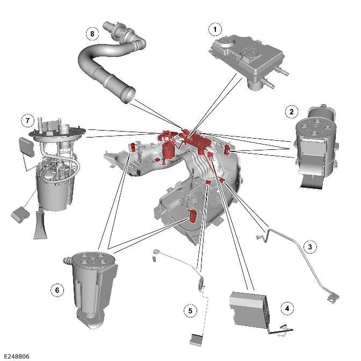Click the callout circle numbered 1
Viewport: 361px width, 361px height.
click(x=215, y=28)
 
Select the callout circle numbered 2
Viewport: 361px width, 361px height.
click(x=291, y=111)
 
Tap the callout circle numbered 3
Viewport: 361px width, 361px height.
click(x=309, y=247)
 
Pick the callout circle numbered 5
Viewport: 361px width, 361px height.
click(x=189, y=310)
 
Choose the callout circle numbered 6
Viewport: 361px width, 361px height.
click(x=56, y=290)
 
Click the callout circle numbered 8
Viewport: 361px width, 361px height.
click(x=92, y=33)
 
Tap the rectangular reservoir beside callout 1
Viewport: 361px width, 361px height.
click(x=244, y=56)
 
